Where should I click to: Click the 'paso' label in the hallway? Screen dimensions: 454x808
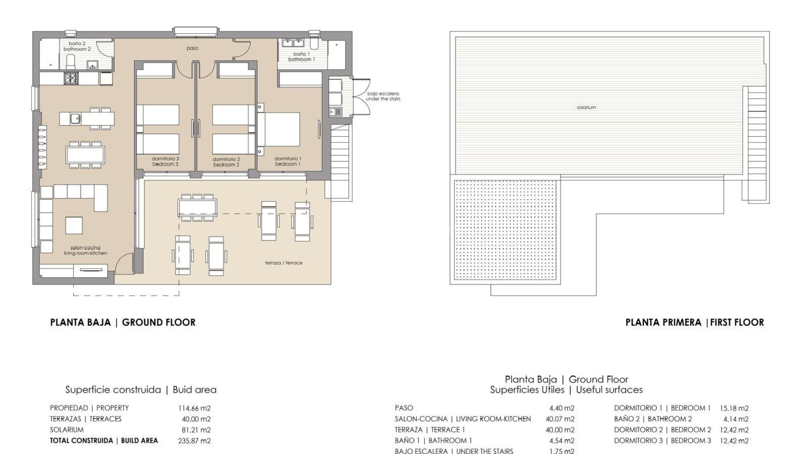point(192,48)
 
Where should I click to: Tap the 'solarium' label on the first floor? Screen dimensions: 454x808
point(586,108)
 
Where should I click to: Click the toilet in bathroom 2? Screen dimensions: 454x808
point(71,61)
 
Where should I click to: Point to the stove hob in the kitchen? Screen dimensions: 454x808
point(71,78)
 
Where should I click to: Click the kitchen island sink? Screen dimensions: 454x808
point(75,119)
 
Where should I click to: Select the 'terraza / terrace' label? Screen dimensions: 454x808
point(283,263)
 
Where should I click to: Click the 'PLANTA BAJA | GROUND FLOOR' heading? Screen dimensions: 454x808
point(122,322)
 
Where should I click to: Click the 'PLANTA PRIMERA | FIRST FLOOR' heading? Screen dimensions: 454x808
point(694,322)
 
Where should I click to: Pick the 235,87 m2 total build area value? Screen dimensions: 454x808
point(194,441)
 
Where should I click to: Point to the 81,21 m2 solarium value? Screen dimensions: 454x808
point(196,430)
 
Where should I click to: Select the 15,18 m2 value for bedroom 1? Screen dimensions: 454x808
point(734,408)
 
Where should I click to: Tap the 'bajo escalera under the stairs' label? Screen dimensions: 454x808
point(383,96)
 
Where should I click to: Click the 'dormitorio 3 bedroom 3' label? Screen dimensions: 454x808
point(165,162)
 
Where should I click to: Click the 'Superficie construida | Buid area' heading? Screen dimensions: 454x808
point(141,390)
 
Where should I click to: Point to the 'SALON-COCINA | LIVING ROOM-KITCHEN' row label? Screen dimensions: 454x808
point(462,419)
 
